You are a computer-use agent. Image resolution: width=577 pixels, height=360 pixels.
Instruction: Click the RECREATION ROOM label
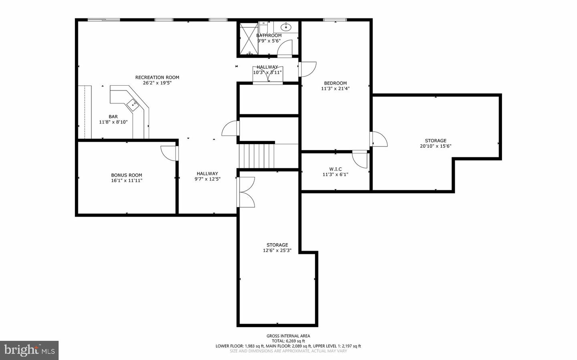pos(157,77)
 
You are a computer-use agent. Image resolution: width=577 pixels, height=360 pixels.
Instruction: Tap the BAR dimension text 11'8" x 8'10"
pos(113,122)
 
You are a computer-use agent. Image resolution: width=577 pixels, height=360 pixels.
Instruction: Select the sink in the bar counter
pos(133,105)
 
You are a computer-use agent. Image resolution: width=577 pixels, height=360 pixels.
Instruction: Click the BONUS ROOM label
pos(127,175)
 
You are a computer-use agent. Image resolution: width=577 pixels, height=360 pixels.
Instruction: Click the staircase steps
pos(256,156)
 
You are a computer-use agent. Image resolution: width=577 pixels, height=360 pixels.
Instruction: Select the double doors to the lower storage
pos(246,192)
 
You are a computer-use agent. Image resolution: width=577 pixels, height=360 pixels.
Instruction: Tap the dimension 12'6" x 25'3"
pos(277,251)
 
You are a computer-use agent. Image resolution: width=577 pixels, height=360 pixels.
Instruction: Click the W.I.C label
pos(335,169)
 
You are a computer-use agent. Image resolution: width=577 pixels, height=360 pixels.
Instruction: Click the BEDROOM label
pos(335,83)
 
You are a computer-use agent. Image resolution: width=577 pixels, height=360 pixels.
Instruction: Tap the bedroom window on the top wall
pos(335,20)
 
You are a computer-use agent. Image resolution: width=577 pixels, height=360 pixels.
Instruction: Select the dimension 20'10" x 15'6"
pos(436,146)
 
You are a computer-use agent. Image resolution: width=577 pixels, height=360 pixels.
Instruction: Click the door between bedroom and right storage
pos(379,139)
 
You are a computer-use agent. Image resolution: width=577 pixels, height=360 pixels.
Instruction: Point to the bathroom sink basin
pos(286,27)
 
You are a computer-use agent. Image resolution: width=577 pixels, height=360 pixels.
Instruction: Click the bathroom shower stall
pos(249,38)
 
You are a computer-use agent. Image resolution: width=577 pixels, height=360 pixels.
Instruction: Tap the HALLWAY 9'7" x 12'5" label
pos(207,176)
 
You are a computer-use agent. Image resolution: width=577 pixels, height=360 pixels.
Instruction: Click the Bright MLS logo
pos(29,350)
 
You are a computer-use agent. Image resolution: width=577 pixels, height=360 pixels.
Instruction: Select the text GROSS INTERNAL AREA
pos(288,336)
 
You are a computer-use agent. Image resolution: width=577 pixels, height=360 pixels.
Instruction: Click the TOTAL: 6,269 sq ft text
pos(288,341)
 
